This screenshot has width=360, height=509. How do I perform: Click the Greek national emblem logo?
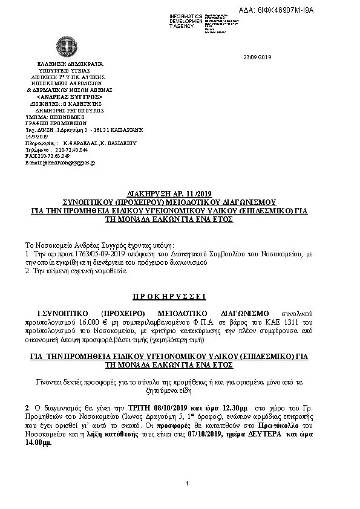(x=66, y=46)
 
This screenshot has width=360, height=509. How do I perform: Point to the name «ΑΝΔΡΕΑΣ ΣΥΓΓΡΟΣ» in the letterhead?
(x=70, y=97)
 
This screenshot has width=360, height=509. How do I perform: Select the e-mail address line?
(x=60, y=163)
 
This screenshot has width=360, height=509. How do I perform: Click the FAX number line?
(x=48, y=156)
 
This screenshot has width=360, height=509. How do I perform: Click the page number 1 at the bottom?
(x=188, y=482)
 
